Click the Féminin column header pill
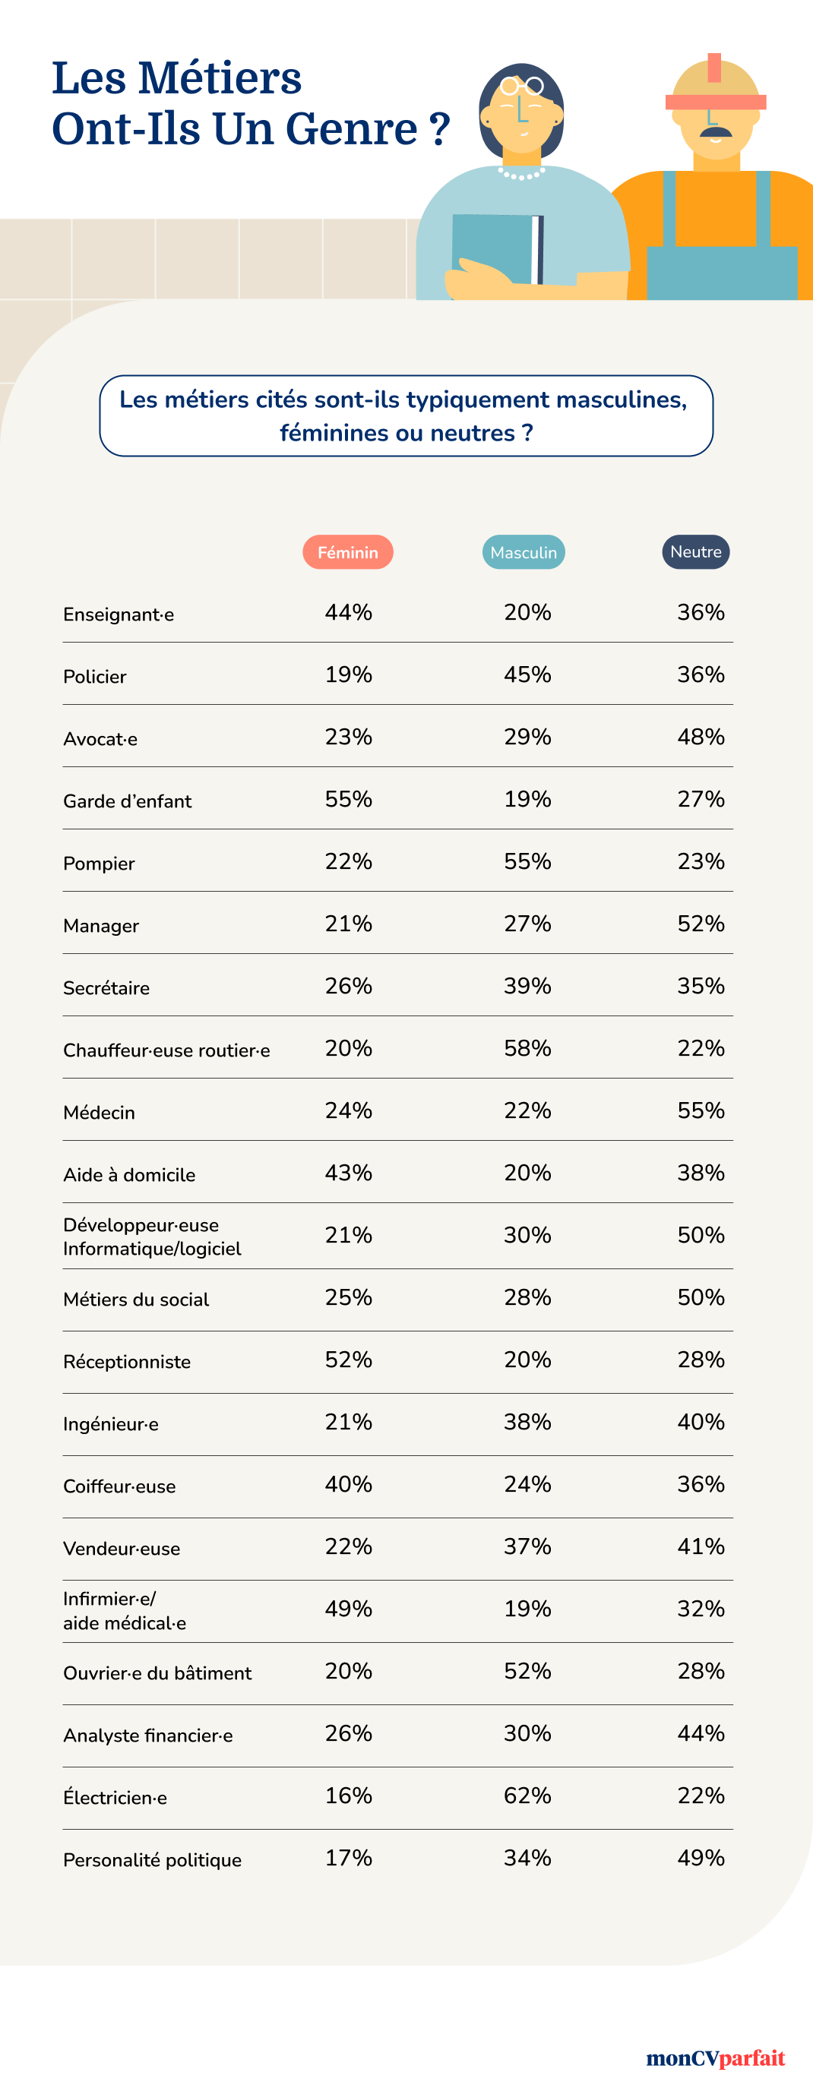(x=348, y=552)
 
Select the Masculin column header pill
(x=523, y=552)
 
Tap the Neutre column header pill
(x=695, y=552)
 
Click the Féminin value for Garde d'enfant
(x=349, y=799)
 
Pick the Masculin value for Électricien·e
(x=527, y=1795)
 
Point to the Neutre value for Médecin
(x=700, y=1110)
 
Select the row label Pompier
(x=99, y=863)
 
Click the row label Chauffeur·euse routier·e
(x=166, y=1050)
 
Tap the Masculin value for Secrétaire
(x=527, y=985)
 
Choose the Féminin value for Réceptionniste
(x=349, y=1359)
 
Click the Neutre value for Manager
(x=700, y=923)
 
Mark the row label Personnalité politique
(x=153, y=1859)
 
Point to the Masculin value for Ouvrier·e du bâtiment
(x=527, y=1670)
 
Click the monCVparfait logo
(x=715, y=2057)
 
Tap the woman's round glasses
(x=521, y=86)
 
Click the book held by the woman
(x=497, y=248)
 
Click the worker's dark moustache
(x=716, y=131)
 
